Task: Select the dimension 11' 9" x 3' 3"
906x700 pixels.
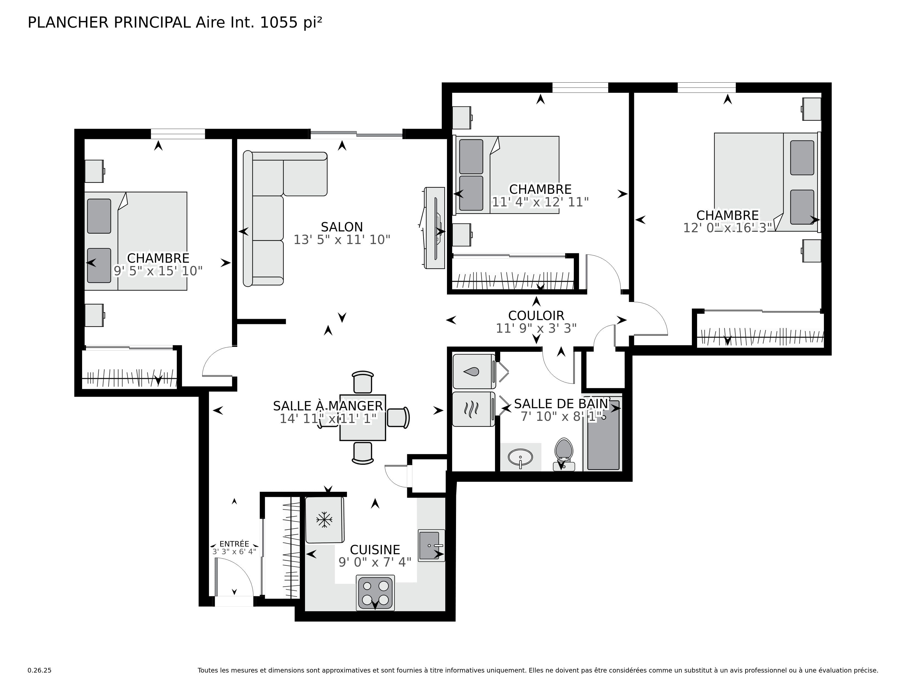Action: [536, 328]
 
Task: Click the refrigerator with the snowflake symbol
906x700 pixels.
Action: [325, 520]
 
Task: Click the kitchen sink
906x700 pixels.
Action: [430, 545]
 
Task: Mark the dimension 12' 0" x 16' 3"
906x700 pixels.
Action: [728, 228]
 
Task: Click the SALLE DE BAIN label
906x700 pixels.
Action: [561, 404]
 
